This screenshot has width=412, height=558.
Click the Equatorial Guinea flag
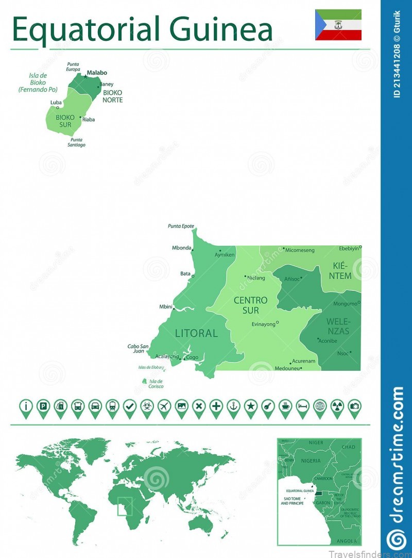click(338, 24)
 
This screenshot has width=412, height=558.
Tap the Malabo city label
click(97, 73)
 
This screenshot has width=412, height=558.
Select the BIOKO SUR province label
click(64, 121)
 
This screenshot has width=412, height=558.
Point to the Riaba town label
click(89, 120)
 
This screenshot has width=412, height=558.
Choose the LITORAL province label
click(196, 333)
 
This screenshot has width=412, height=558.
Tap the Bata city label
click(185, 274)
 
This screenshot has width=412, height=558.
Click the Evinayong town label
click(263, 324)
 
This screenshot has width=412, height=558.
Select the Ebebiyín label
click(349, 248)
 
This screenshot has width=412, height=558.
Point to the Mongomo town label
click(345, 304)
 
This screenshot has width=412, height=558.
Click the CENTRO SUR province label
click(251, 305)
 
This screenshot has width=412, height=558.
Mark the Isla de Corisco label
click(156, 383)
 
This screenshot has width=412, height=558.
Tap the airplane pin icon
click(164, 406)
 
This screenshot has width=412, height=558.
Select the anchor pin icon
click(233, 406)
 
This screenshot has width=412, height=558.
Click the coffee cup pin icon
click(285, 406)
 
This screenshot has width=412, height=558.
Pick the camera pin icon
click(354, 406)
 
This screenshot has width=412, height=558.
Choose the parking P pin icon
click(43, 406)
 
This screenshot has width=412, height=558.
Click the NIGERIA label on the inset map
click(311, 461)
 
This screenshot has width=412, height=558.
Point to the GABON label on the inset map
click(323, 503)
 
